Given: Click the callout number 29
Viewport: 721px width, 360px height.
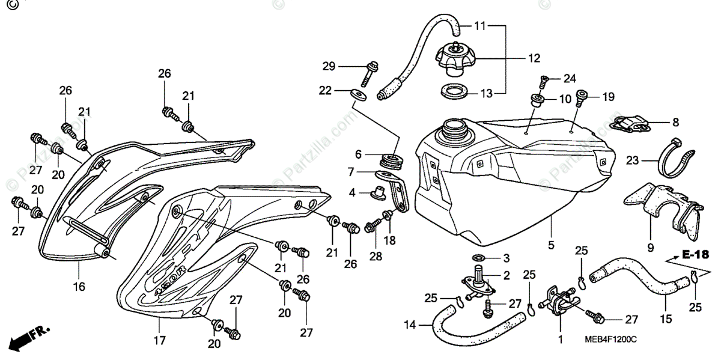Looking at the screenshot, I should [x=328, y=66].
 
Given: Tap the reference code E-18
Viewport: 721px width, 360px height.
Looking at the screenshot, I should [x=695, y=255].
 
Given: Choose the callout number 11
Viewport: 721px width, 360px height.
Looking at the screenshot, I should [x=479, y=26].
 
